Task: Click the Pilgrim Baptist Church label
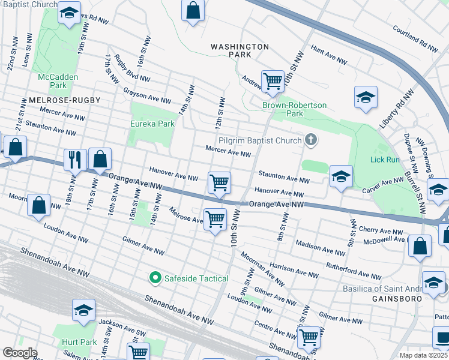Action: (x=259, y=140)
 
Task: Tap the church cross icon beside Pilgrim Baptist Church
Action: (x=310, y=140)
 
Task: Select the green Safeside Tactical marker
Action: (x=155, y=278)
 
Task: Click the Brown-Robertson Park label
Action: (x=294, y=109)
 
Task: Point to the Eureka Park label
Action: (x=152, y=124)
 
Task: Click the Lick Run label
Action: (x=385, y=160)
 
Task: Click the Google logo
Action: (x=20, y=353)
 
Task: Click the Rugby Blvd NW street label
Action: (x=131, y=68)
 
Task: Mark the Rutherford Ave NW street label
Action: (x=353, y=271)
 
